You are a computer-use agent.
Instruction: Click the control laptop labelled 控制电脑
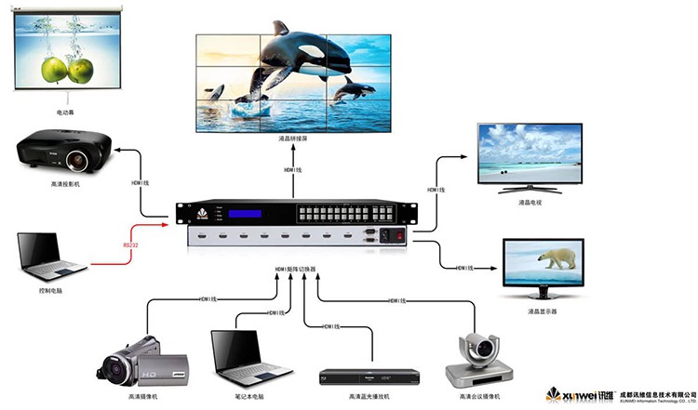(x=48, y=257)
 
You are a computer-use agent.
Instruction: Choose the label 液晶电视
(x=529, y=202)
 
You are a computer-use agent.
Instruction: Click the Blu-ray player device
(x=369, y=377)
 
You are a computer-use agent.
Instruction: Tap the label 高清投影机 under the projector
(x=65, y=184)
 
